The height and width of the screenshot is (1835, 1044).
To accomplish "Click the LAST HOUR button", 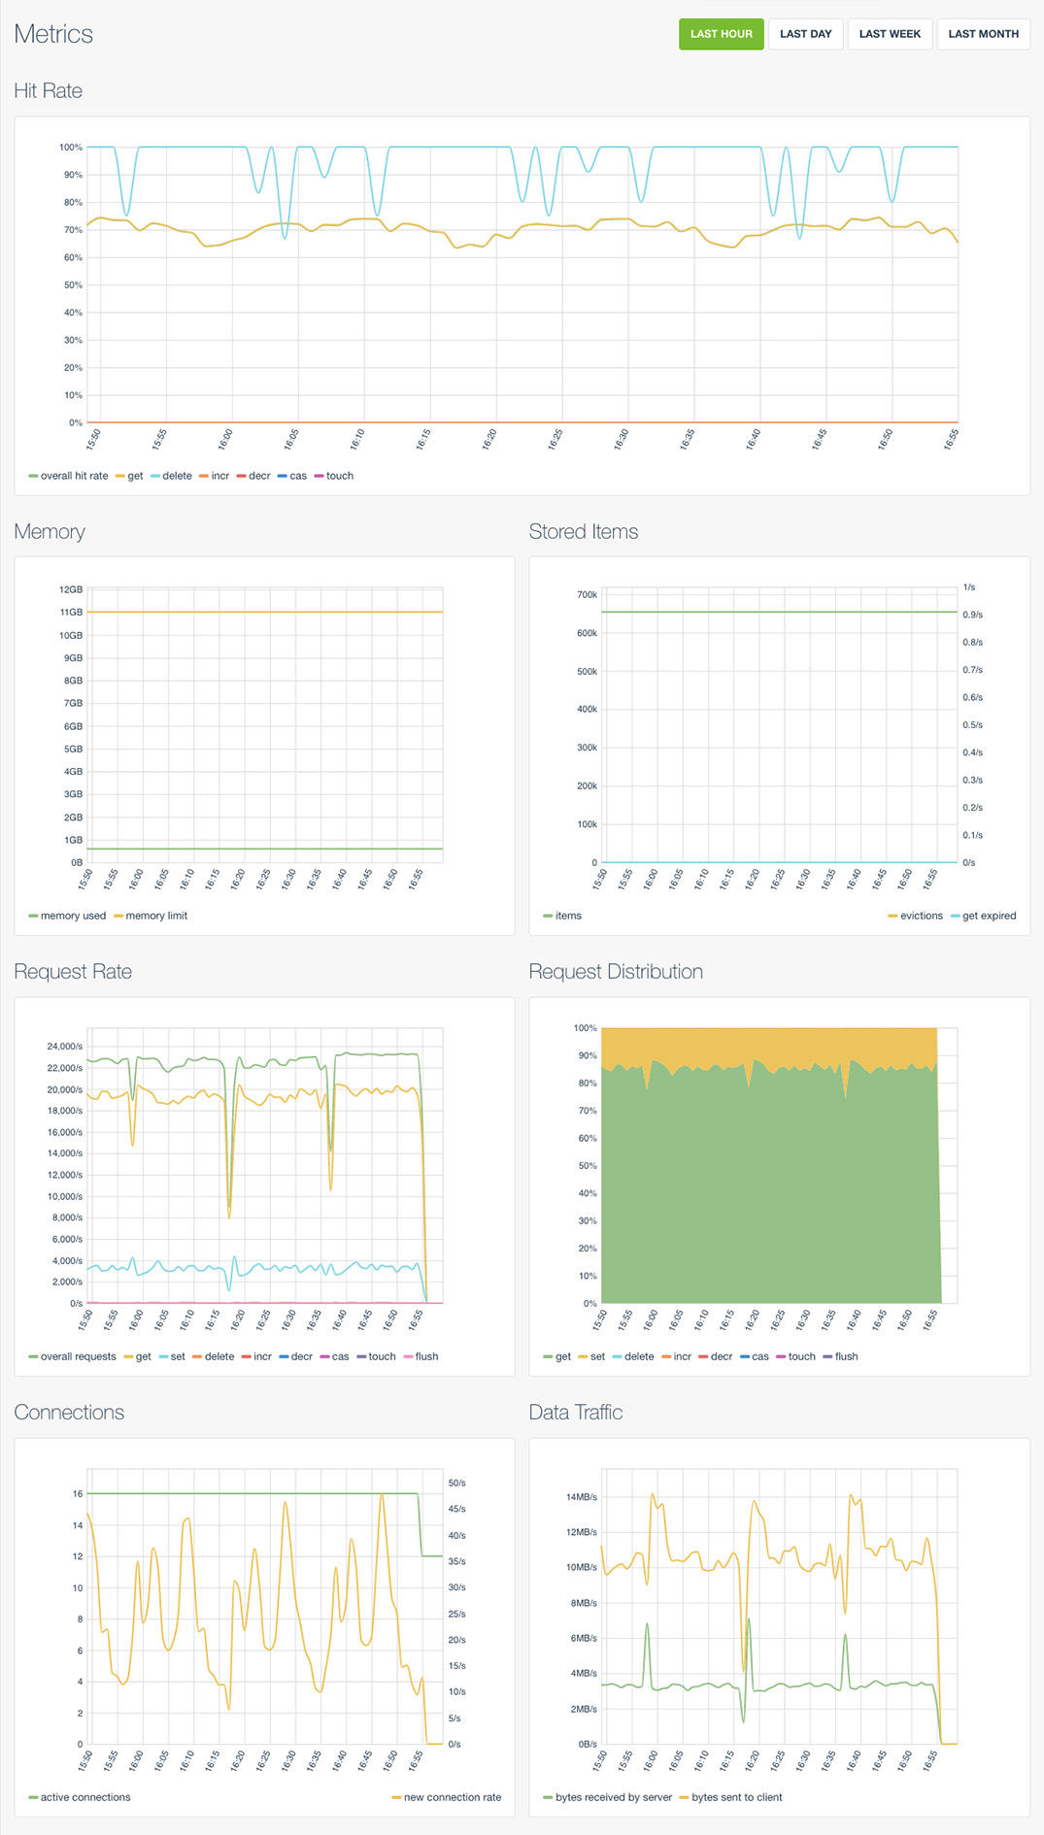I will [x=721, y=34].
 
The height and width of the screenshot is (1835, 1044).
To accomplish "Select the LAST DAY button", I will [x=805, y=34].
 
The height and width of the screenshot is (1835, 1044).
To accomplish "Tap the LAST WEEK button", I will [x=890, y=34].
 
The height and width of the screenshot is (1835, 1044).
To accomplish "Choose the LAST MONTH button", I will [x=983, y=34].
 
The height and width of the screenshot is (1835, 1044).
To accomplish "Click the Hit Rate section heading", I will [x=49, y=91].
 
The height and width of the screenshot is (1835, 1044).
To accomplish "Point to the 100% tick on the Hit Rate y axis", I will [x=71, y=148].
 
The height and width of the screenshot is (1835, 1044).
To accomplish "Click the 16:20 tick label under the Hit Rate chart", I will [x=489, y=440].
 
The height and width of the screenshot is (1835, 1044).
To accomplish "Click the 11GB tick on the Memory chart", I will [x=71, y=613].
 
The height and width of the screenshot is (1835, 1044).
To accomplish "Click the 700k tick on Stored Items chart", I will [x=587, y=595].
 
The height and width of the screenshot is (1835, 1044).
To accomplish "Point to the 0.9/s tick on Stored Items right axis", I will [x=972, y=615].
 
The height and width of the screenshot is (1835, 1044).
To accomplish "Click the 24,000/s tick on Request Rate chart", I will [x=64, y=1047].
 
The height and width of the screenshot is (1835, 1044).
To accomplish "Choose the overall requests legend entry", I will [x=78, y=1356].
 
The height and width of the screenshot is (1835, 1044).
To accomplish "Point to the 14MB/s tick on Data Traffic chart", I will [x=581, y=1497].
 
